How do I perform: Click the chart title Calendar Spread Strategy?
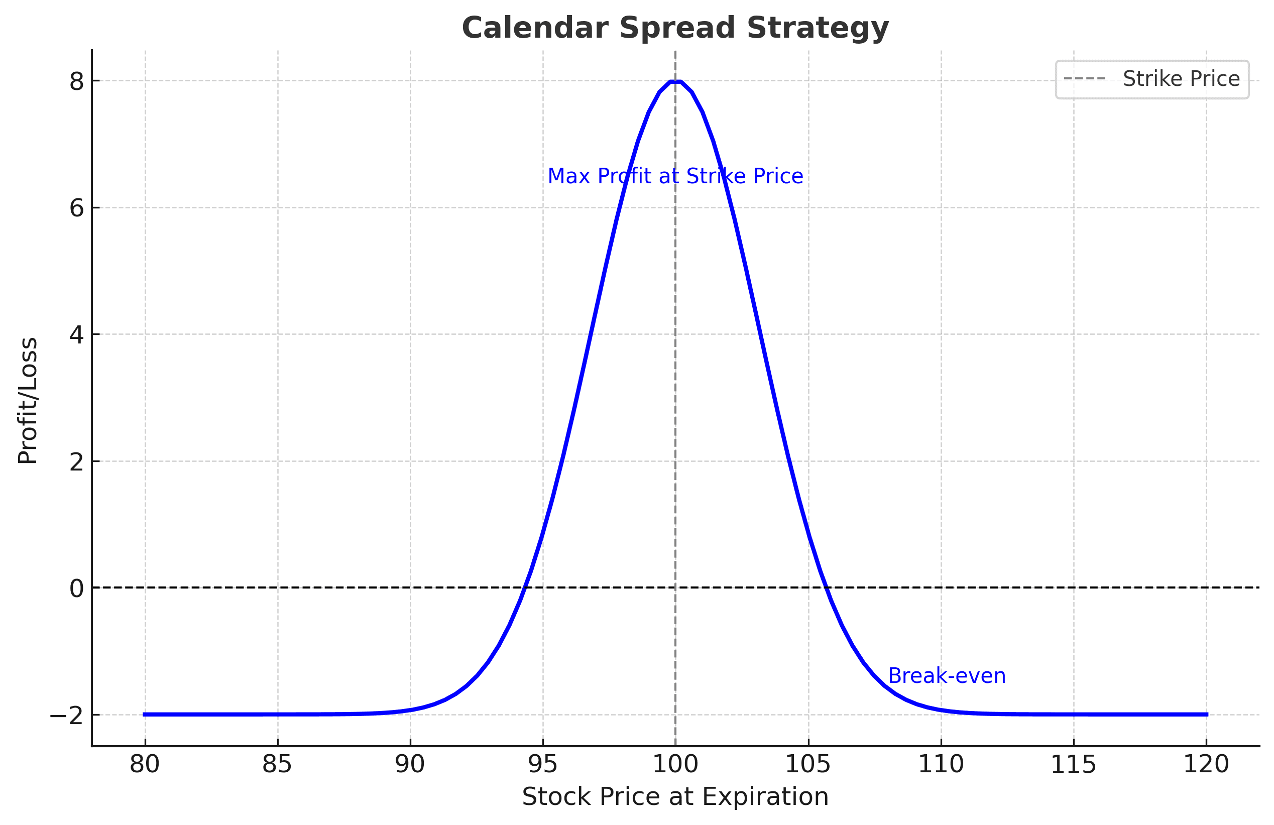click(675, 28)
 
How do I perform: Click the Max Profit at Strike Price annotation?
click(675, 176)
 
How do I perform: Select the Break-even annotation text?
click(947, 676)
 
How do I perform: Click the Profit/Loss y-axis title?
click(28, 401)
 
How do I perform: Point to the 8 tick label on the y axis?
click(76, 81)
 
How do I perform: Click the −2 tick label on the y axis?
click(67, 715)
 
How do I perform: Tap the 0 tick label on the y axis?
click(76, 589)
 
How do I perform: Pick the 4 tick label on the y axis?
click(76, 335)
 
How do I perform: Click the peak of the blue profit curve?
click(675, 81)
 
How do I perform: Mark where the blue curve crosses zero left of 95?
click(525, 588)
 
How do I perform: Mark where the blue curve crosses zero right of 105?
click(827, 588)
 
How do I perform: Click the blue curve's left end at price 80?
click(145, 714)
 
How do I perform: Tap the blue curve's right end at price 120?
click(1206, 714)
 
